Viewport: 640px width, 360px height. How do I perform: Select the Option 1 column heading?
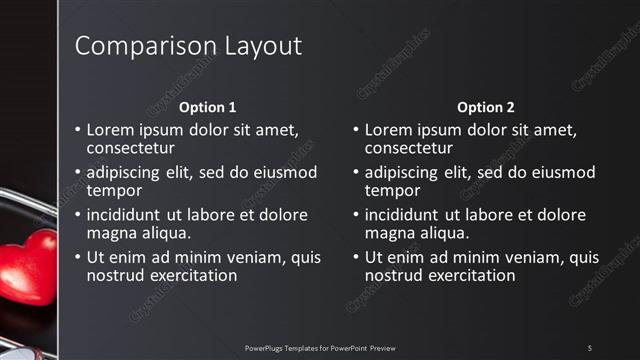208,107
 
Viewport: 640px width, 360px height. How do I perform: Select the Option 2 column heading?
486,107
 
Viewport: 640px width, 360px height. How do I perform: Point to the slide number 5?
590,347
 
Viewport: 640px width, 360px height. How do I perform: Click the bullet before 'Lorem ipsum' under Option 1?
77,130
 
